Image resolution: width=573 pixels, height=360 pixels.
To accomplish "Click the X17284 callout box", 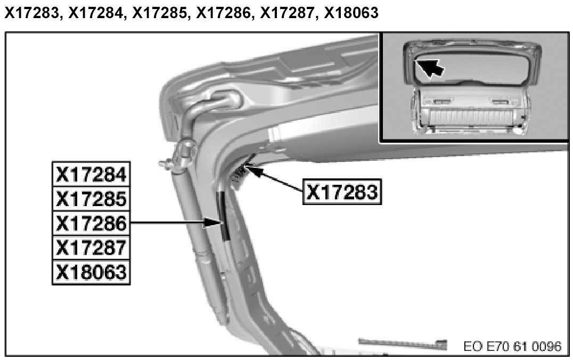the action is pos(92,174).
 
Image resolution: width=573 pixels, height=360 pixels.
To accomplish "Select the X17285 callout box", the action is pos(92,199).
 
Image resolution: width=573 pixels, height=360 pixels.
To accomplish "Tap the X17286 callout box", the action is pos(92,224).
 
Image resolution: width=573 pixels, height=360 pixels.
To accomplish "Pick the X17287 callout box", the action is pos(92,248).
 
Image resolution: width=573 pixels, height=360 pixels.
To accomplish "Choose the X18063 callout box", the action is pos(92,273).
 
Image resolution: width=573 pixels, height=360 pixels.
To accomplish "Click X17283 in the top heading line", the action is pos(30,14).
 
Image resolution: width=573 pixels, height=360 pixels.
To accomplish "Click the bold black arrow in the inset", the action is pos(430,68).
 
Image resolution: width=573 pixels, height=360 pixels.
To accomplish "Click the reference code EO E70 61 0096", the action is pos(512,347).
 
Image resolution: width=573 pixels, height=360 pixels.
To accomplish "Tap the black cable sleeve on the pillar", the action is pos(223,216).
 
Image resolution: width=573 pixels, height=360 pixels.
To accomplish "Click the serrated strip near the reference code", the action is pos(402,342).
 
